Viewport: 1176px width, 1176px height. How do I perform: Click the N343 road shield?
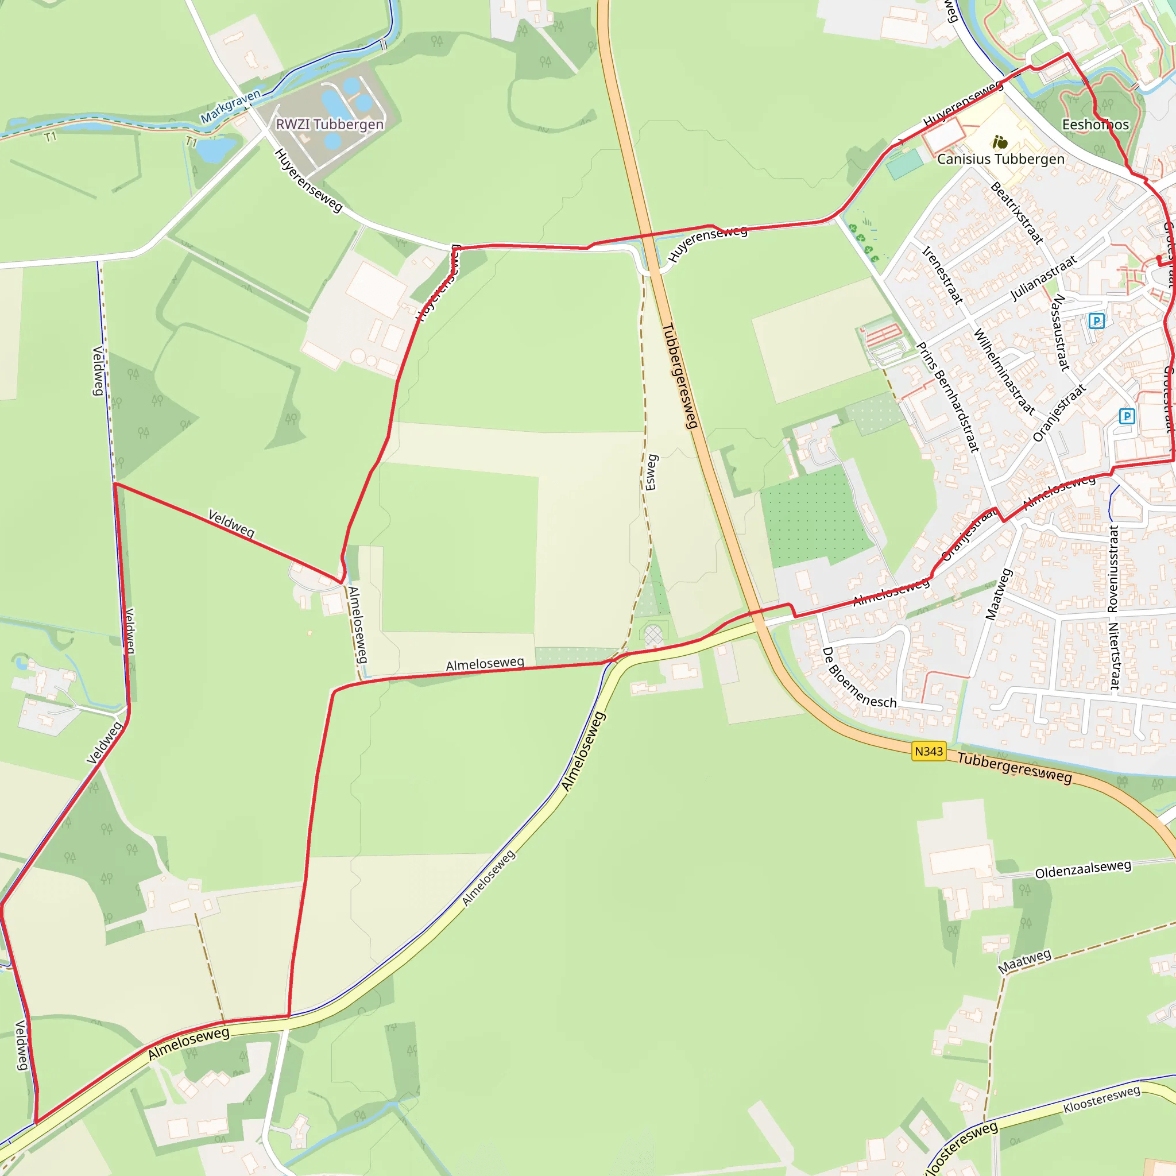coord(929,751)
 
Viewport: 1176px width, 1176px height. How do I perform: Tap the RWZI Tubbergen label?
coord(330,124)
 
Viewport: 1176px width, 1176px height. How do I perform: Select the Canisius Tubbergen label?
coord(1001,159)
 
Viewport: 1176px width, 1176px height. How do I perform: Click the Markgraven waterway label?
coord(231,105)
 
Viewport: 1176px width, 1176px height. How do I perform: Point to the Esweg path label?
coord(651,472)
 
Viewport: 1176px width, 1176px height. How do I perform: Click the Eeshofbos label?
coord(1095,125)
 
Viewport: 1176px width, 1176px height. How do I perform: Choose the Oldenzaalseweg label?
coord(1083,869)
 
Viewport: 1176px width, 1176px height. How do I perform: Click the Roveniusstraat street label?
coord(1113,568)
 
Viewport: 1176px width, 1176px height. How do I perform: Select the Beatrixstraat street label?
coord(1016,213)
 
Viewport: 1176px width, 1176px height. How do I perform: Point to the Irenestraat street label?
coord(942,275)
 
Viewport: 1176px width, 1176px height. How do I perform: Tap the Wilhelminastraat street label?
coord(1004,372)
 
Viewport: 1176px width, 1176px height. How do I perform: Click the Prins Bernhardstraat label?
coord(947,397)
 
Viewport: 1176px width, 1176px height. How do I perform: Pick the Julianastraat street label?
coord(1043,278)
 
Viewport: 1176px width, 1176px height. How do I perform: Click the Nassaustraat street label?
coord(1061,332)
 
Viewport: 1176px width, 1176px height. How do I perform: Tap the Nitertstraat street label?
coord(1114,656)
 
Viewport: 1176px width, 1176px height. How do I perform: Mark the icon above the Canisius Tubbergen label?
coord(1000,142)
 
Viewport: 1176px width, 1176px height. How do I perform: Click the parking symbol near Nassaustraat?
coord(1096,321)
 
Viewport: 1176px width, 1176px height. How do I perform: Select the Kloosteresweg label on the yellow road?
coord(1102,1099)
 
